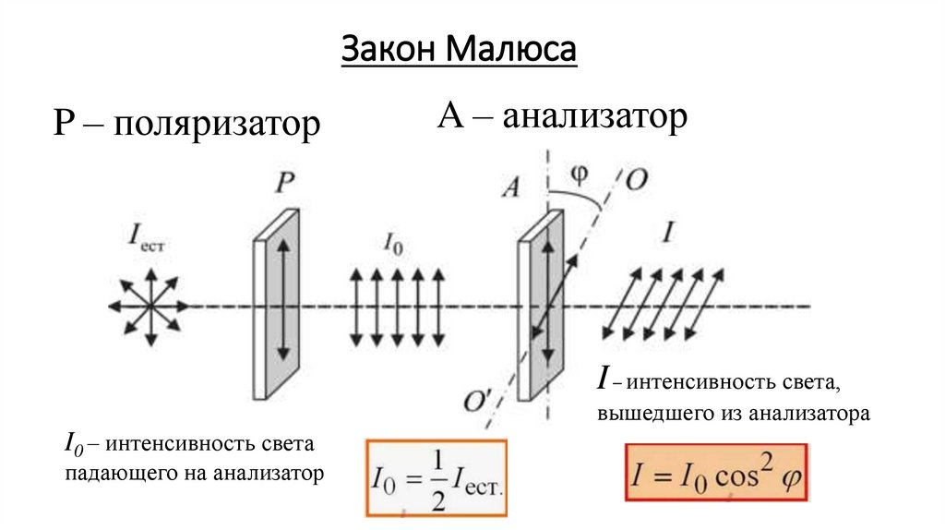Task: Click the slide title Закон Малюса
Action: click(459, 49)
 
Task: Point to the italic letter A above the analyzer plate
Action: click(510, 187)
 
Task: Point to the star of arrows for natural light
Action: click(148, 306)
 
